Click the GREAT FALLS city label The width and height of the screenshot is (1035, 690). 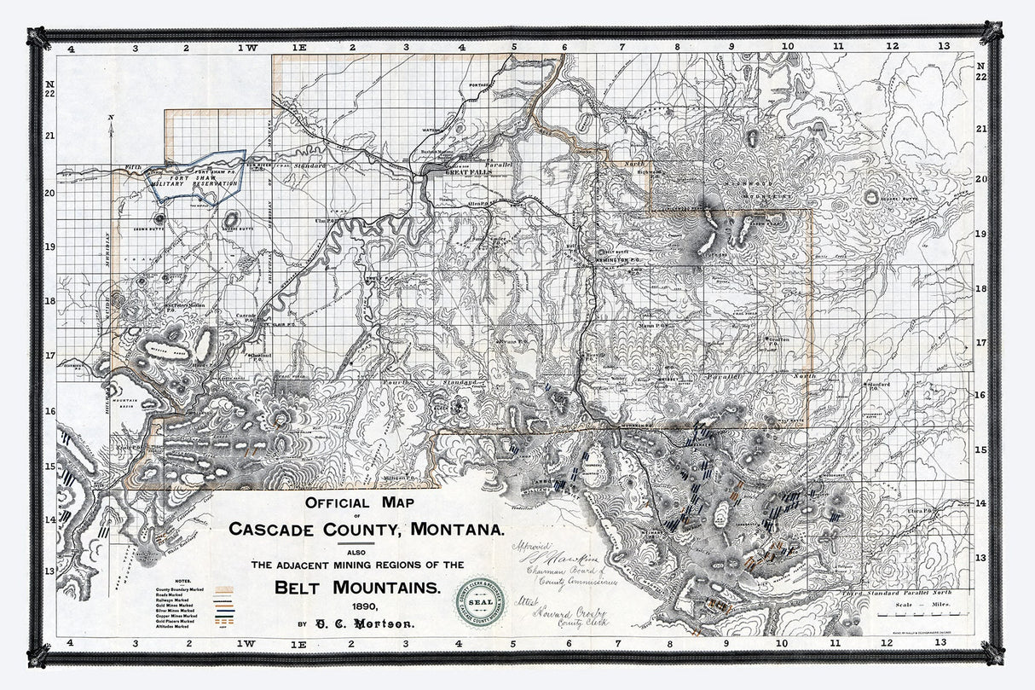465,172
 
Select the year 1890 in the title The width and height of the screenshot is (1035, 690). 356,606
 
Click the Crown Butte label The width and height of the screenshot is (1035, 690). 148,229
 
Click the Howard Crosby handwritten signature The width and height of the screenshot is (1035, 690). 564,614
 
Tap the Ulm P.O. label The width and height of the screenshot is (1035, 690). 322,220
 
